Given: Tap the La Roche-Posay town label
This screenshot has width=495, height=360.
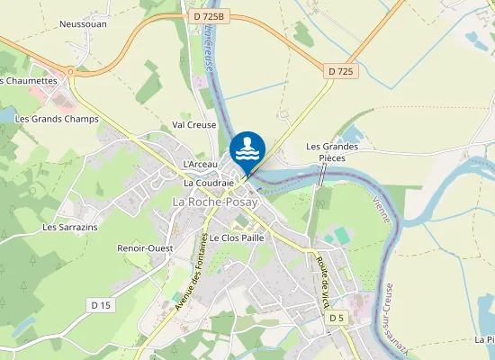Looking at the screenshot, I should click(x=215, y=203).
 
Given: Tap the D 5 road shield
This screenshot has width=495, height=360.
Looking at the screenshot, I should click(x=336, y=318).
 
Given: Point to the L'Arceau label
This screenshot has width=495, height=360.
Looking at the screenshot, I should click(x=201, y=165).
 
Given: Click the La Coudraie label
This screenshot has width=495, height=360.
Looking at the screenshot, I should click(x=209, y=182).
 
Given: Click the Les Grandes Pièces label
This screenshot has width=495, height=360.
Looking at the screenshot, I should click(x=332, y=152).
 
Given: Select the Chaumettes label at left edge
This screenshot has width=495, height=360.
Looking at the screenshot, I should click(x=29, y=80).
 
